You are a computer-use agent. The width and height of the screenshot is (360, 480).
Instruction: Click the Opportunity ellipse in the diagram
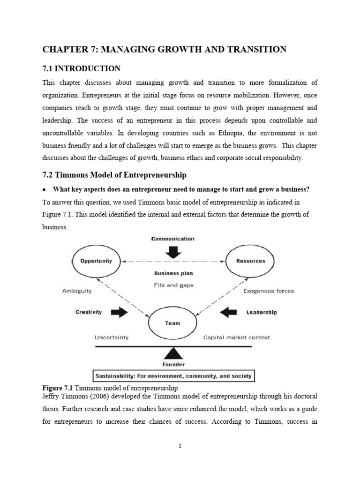pos(96,261)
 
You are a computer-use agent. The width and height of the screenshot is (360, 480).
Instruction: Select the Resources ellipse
pos(251,261)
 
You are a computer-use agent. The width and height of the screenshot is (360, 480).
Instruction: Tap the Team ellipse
pos(172,322)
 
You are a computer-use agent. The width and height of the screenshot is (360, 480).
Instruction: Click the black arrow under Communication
pos(173,252)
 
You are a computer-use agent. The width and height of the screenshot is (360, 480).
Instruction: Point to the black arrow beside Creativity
pos(119,312)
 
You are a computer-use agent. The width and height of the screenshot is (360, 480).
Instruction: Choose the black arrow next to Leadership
pos(228,312)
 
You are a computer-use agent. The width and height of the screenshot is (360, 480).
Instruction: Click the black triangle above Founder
pos(173,353)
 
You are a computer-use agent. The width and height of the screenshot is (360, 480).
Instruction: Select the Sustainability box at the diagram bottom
pos(173,375)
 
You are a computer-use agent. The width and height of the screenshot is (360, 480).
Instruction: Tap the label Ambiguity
pos(77,291)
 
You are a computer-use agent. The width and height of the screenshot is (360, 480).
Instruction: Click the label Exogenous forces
pos(269,291)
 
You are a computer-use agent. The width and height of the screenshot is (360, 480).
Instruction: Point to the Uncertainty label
pos(112,337)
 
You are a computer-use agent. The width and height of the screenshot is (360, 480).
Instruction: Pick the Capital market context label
pos(236,337)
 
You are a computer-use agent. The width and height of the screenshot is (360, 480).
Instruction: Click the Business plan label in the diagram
pos(173,273)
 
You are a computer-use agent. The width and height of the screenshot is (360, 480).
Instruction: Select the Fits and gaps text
pos(173,284)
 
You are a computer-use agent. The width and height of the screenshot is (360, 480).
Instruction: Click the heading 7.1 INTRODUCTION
pos(82,68)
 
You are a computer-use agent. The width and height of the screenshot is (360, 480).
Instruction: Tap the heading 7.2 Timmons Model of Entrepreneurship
pos(114,175)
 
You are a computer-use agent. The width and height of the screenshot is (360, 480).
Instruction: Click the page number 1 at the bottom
pos(180,446)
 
